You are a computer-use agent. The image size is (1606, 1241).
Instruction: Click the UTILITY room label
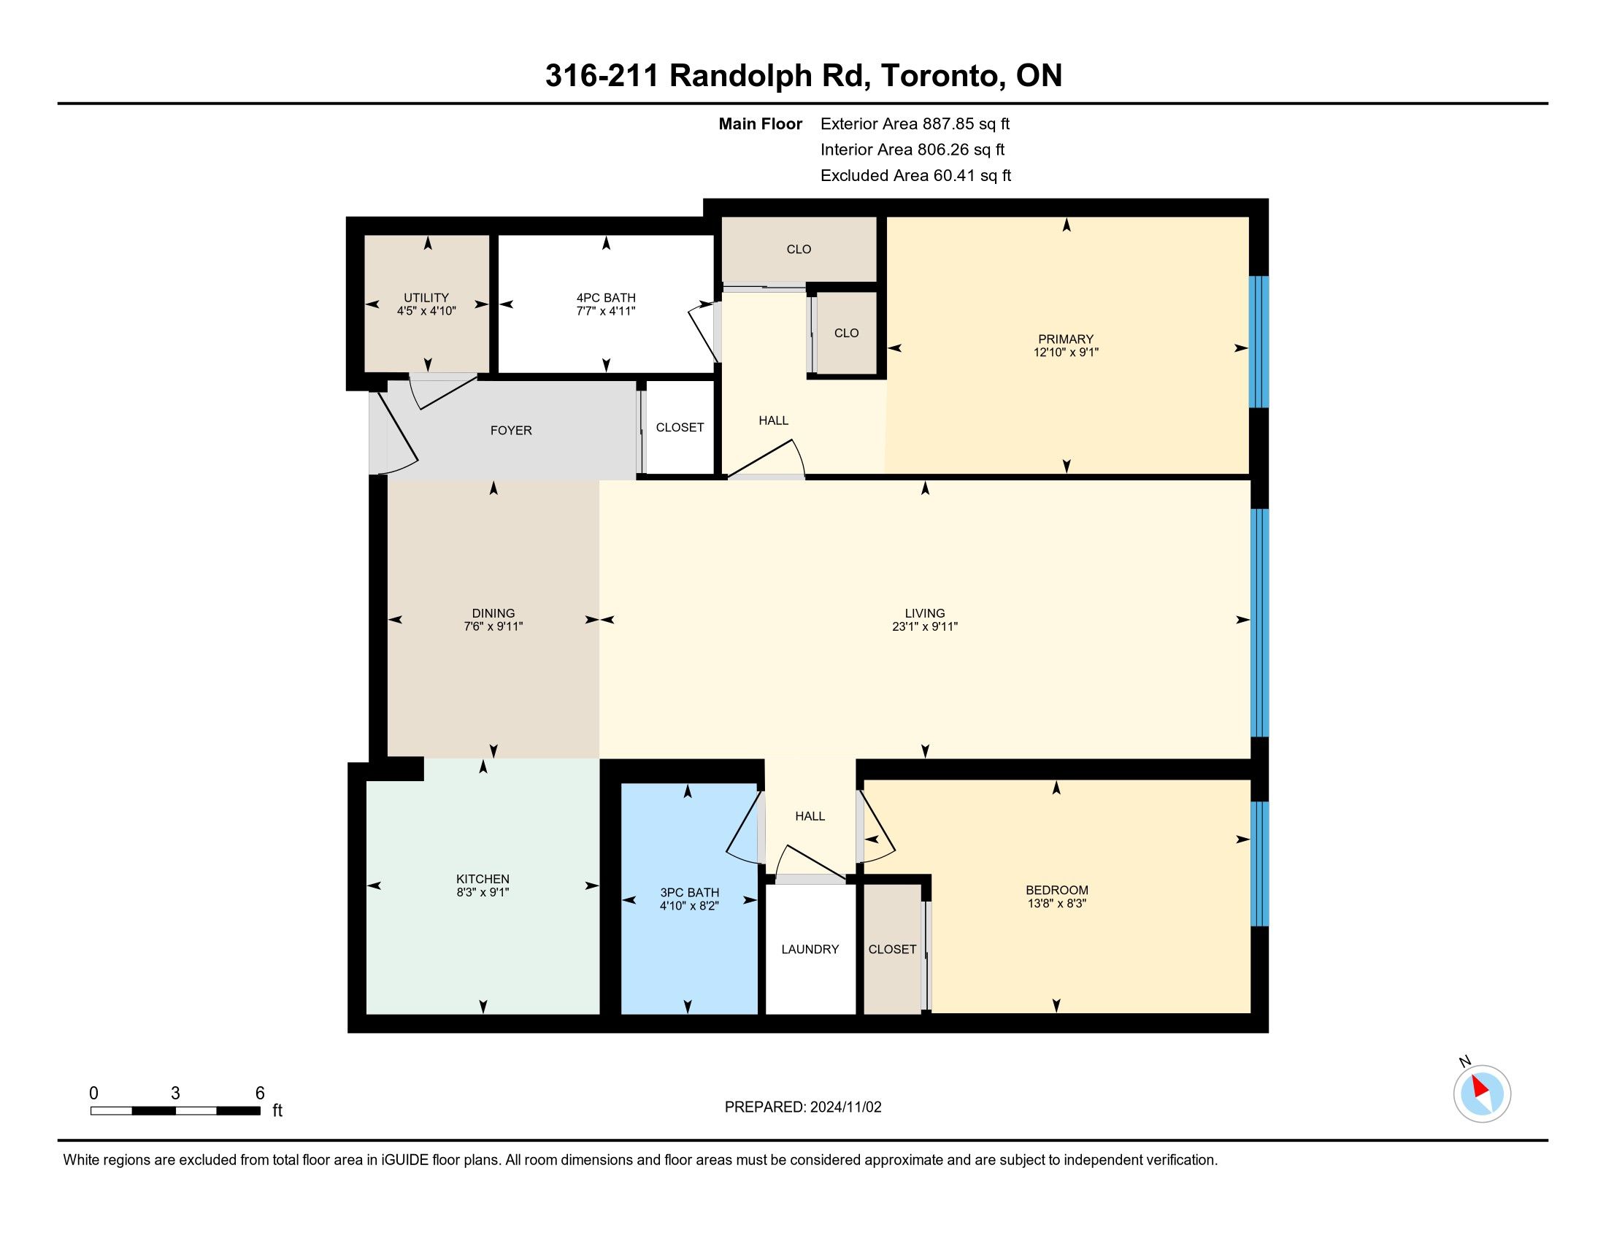pos(426,298)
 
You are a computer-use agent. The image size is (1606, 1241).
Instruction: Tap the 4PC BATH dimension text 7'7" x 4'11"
pos(606,311)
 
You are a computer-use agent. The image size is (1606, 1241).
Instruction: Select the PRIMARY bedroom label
pos(1066,339)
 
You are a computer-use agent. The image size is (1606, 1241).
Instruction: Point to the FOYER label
pos(511,431)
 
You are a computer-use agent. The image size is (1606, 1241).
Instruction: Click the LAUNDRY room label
pos(810,949)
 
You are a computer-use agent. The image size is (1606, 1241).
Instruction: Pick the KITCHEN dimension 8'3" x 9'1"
pos(483,893)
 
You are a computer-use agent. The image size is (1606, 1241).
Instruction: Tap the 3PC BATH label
pos(689,893)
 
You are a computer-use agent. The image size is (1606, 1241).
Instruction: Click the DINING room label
pos(493,613)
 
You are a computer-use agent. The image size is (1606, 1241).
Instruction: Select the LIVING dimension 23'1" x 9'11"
pos(925,626)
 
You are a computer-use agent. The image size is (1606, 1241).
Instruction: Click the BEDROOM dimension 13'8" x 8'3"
pos(1057,904)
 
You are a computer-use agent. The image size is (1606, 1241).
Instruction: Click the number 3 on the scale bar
pos(175,1094)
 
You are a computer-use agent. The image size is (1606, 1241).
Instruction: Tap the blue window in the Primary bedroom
pos(1260,342)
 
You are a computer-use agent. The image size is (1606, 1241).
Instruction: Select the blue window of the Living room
pos(1260,623)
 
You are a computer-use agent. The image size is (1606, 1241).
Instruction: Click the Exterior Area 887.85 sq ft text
pos(915,124)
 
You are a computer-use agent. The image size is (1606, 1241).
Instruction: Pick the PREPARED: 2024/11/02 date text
pos(803,1107)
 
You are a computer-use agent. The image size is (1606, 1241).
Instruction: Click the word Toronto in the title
pos(943,76)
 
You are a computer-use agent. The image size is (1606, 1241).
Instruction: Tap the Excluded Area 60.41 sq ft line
pos(915,176)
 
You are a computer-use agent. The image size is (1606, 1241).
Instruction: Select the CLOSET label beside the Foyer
pos(680,428)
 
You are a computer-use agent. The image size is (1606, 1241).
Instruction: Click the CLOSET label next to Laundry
pos(892,949)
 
